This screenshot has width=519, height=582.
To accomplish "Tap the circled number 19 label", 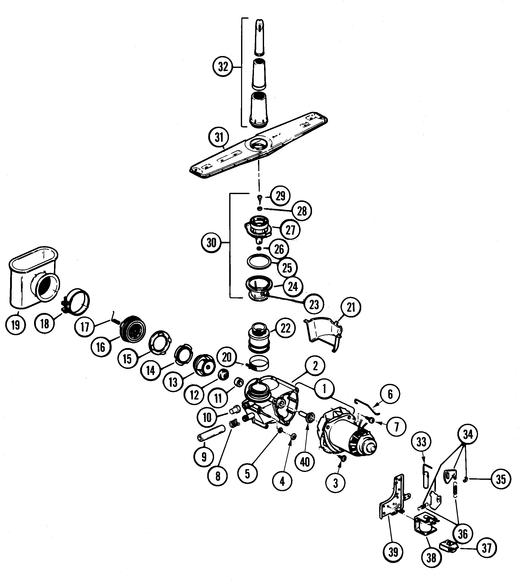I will [16, 325].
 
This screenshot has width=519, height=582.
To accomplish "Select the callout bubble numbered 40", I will [305, 461].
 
